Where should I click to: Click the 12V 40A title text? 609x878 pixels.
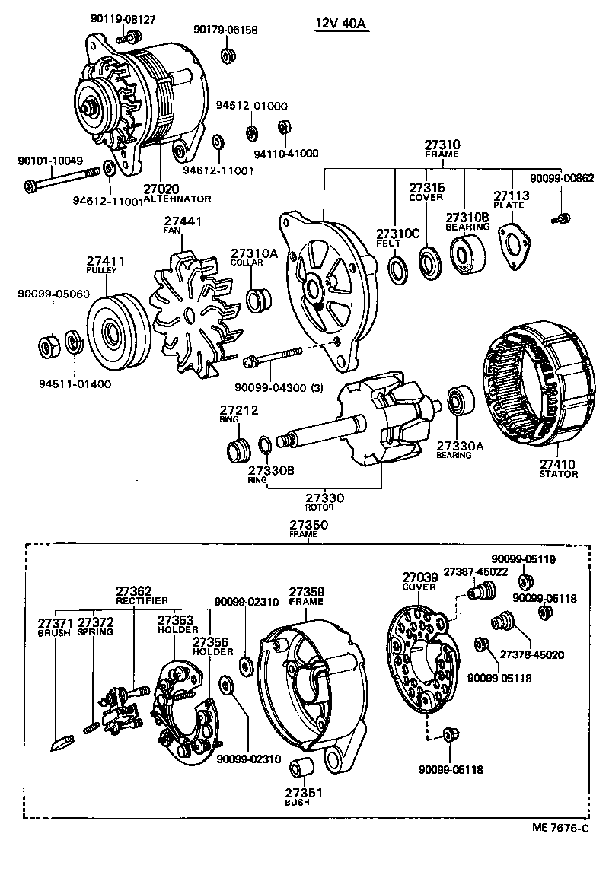341,24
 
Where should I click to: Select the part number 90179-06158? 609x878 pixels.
225,30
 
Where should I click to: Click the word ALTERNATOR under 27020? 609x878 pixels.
177,198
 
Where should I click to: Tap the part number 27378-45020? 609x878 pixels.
532,654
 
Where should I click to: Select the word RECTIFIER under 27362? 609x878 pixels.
142,600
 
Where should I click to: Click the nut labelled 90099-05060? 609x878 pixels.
48,347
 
